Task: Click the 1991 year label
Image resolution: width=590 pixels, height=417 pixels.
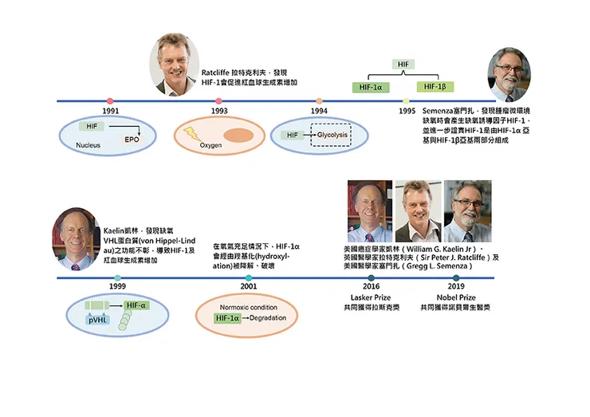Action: (x=112, y=111)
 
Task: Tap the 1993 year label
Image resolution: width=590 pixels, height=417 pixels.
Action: (x=219, y=111)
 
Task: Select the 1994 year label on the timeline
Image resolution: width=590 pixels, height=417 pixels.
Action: (x=319, y=111)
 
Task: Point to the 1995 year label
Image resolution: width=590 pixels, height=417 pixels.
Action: (x=407, y=111)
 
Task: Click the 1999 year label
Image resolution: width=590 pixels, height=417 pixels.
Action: (x=117, y=286)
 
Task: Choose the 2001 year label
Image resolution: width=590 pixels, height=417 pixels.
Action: (x=248, y=286)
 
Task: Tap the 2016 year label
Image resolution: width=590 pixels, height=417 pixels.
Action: (x=372, y=286)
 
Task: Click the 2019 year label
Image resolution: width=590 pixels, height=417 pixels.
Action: (x=455, y=286)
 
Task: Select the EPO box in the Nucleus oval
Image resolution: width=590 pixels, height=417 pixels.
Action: (x=131, y=140)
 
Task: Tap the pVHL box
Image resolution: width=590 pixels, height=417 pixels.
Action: (x=100, y=320)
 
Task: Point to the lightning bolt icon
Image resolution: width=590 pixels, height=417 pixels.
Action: (x=193, y=133)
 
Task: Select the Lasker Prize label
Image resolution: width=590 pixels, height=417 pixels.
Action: (x=372, y=297)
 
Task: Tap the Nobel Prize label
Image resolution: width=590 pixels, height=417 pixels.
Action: (x=455, y=297)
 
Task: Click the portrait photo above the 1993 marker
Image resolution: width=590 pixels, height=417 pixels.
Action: (x=175, y=64)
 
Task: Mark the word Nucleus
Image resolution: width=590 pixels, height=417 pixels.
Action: (x=88, y=146)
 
